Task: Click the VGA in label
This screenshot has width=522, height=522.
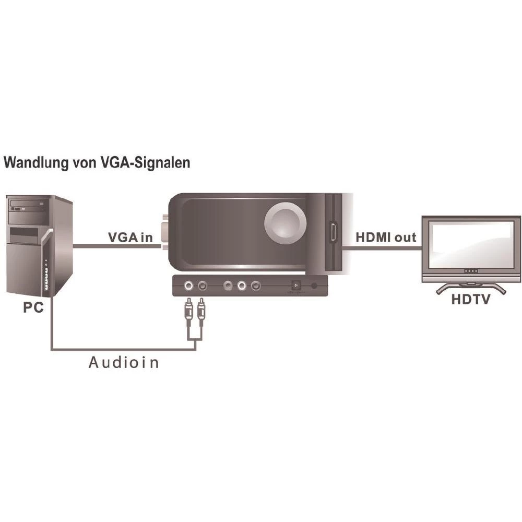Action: click(130, 237)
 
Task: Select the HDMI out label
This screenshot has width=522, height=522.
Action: click(386, 237)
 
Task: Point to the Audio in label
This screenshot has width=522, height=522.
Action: click(123, 362)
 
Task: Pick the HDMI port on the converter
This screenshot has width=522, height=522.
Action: click(331, 232)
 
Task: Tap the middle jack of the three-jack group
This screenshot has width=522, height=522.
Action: click(242, 286)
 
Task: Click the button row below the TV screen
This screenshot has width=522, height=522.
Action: click(471, 272)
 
